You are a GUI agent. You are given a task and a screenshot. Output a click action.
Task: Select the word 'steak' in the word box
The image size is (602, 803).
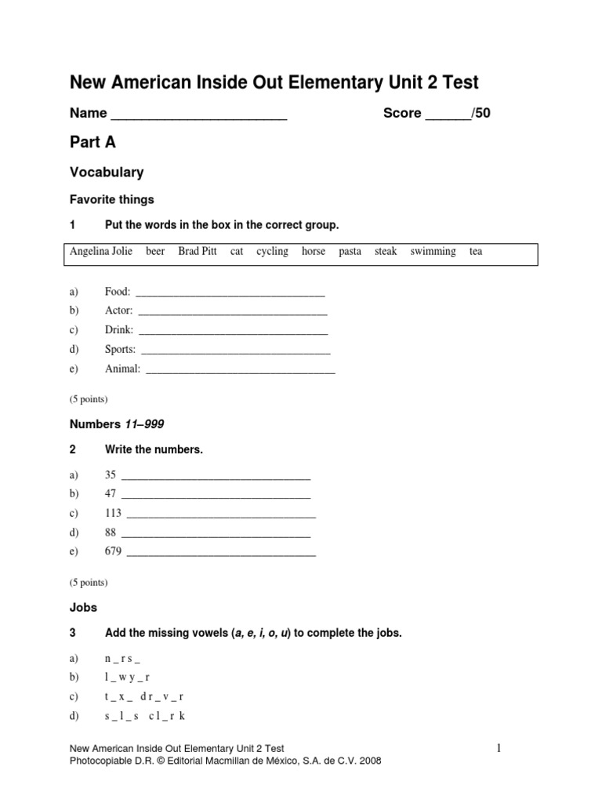pyautogui.click(x=386, y=252)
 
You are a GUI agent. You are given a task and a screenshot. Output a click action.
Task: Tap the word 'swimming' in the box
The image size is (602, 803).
pyautogui.click(x=433, y=252)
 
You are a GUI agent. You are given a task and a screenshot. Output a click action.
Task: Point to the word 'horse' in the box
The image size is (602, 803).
pyautogui.click(x=314, y=252)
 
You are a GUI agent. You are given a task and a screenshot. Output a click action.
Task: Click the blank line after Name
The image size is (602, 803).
pyautogui.click(x=199, y=115)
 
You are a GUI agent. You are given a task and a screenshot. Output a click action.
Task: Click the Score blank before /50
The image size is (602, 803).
pyautogui.click(x=447, y=115)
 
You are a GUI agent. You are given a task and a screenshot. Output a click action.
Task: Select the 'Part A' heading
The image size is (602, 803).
pyautogui.click(x=93, y=142)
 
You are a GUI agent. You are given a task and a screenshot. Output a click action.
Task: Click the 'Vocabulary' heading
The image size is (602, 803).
pyautogui.click(x=107, y=172)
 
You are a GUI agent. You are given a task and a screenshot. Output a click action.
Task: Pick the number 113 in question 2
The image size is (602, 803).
pyautogui.click(x=113, y=514)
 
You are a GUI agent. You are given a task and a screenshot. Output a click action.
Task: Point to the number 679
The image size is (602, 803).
pyautogui.click(x=113, y=551)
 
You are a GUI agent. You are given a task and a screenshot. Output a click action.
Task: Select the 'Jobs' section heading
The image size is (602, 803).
pyautogui.click(x=84, y=607)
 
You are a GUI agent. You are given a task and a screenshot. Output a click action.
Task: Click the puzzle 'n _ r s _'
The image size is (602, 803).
pyautogui.click(x=122, y=658)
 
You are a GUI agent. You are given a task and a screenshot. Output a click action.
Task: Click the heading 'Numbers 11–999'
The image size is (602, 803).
pyautogui.click(x=118, y=424)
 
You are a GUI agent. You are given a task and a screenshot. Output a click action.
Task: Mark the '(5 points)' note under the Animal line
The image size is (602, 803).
pyautogui.click(x=89, y=398)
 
